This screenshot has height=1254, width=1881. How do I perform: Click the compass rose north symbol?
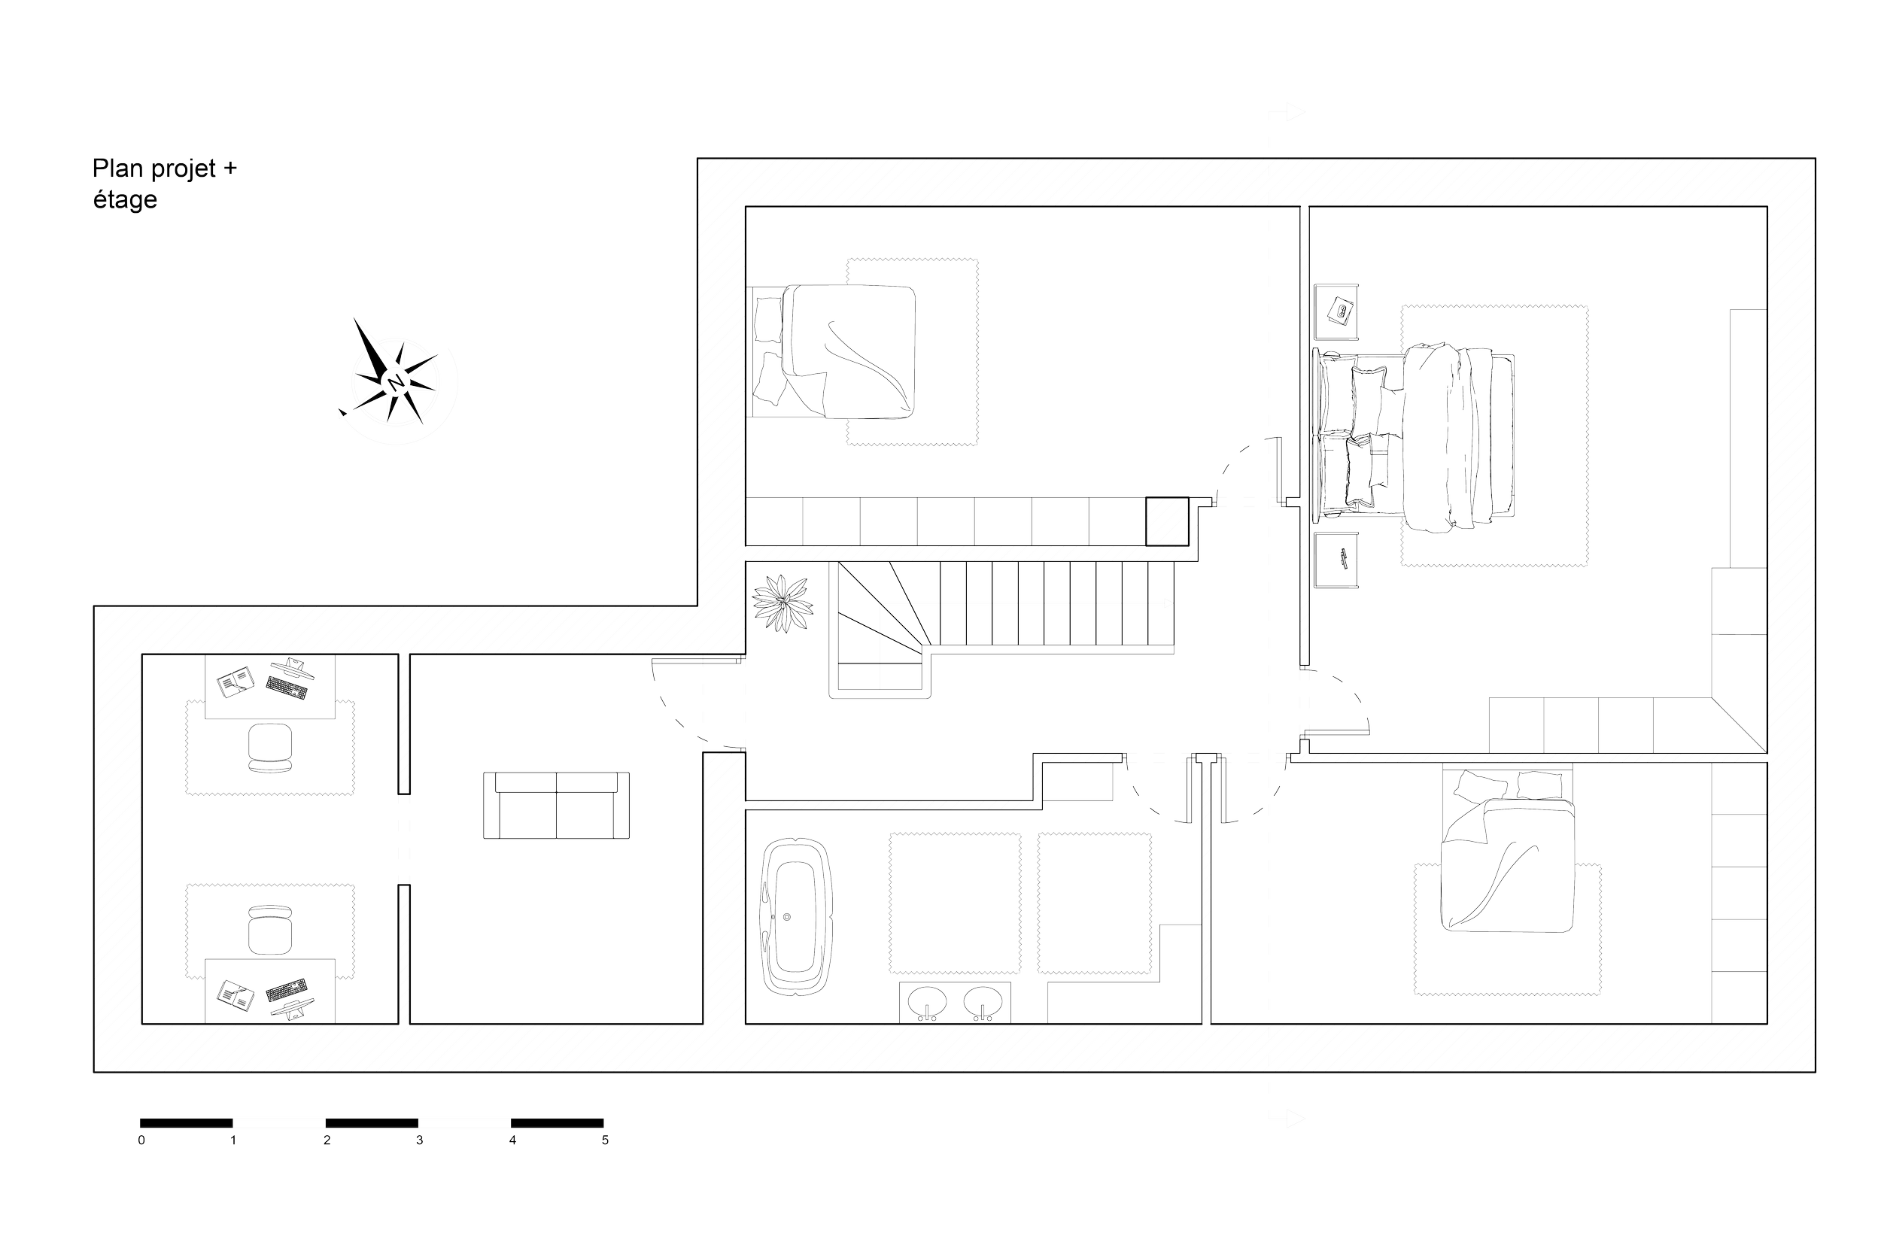[x=394, y=382]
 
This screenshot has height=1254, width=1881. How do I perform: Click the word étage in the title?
[x=125, y=200]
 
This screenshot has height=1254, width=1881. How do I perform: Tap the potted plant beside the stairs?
[x=782, y=603]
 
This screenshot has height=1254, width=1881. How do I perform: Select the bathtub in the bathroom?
[x=795, y=915]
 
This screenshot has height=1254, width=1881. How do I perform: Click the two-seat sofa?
[x=557, y=806]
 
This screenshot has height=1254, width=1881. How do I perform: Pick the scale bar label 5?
[x=606, y=1140]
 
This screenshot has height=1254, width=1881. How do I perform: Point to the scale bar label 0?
[x=141, y=1140]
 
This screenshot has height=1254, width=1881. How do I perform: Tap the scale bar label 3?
[x=419, y=1140]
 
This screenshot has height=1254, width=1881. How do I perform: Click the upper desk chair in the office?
[x=269, y=748]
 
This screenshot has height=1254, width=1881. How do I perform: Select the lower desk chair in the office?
[x=269, y=930]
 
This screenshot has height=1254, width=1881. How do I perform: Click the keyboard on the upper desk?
[x=287, y=688]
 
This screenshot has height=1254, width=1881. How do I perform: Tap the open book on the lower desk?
[x=236, y=996]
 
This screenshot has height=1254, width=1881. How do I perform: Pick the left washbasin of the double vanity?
[x=927, y=1002]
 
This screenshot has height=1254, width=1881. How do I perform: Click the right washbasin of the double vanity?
[x=982, y=1002]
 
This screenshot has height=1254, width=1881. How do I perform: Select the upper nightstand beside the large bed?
[x=1336, y=312]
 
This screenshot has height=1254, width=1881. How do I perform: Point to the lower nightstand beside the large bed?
[x=1336, y=560]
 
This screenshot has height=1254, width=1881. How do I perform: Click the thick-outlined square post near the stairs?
[x=1167, y=521]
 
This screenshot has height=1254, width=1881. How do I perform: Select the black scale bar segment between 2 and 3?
[x=372, y=1123]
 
